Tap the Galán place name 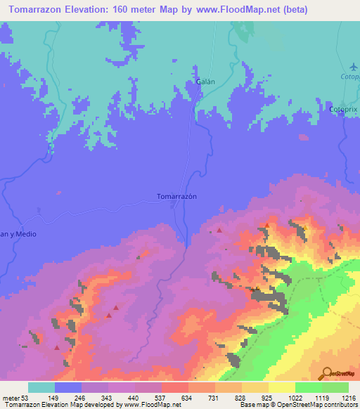tap(205, 82)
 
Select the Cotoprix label tap(345, 110)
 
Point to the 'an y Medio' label tap(17, 234)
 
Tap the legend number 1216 tap(349, 398)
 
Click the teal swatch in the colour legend tap(41, 387)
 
